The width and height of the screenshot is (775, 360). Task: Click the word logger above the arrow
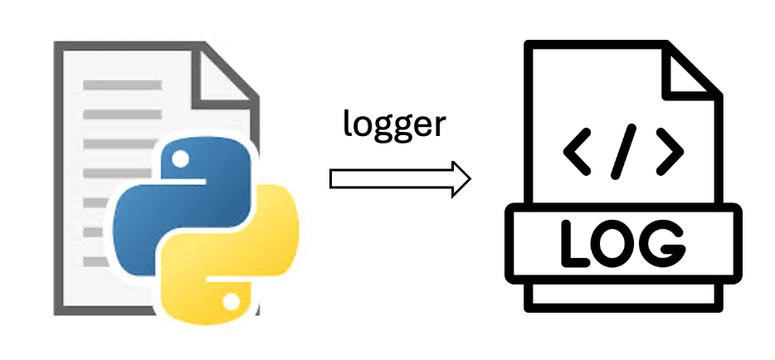click(395, 126)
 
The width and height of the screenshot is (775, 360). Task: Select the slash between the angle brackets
click(623, 150)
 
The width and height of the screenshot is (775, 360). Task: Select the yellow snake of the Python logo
click(249, 249)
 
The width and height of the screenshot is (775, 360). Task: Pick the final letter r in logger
click(440, 128)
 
